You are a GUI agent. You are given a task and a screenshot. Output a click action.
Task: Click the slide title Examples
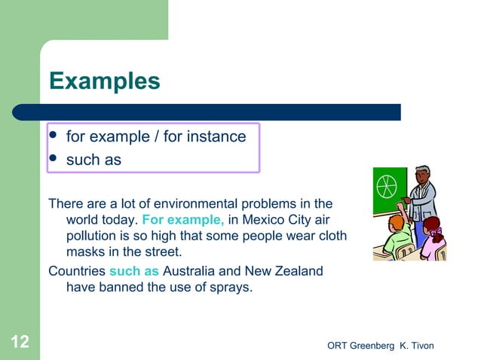[104, 81]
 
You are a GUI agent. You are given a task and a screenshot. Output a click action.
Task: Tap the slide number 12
[20, 343]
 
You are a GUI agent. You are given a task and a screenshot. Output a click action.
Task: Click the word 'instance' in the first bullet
[217, 137]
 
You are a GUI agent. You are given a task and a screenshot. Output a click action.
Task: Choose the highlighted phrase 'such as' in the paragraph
[134, 270]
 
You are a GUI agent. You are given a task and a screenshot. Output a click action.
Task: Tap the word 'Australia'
[191, 270]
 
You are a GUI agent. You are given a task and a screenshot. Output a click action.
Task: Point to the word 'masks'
[84, 251]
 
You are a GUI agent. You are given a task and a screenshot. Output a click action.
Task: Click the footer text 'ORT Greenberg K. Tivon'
[381, 346]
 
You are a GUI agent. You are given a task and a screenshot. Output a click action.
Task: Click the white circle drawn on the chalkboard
[384, 185]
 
